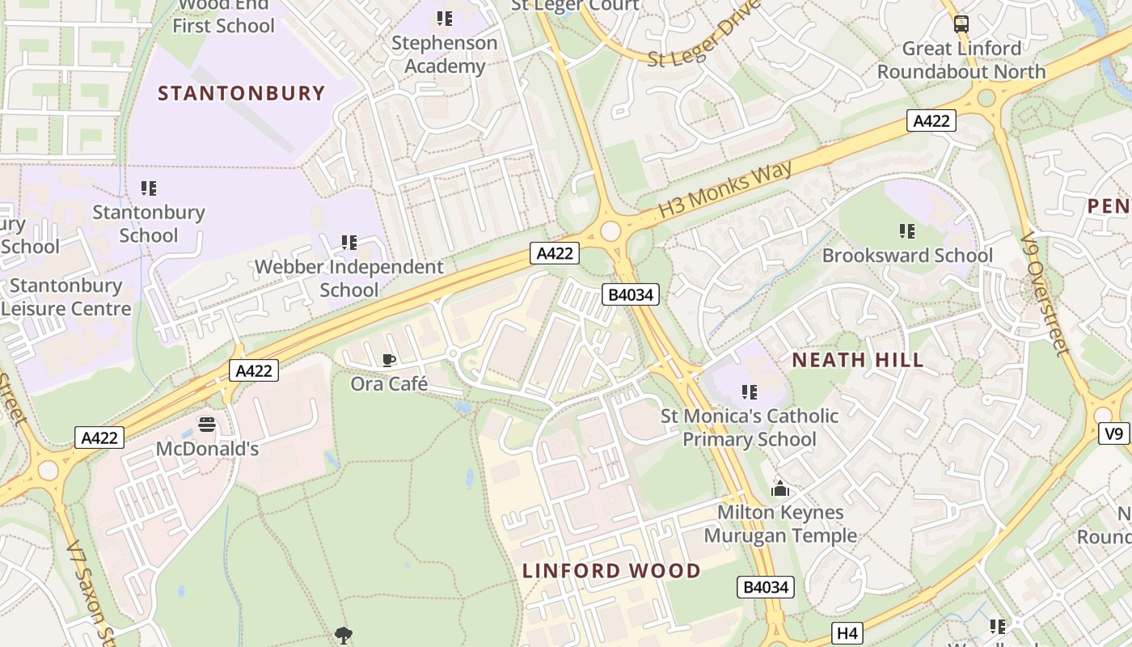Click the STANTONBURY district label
(241, 93)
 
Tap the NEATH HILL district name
(857, 360)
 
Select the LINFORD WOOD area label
(611, 570)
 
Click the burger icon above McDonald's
(207, 425)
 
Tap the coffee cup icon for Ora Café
(389, 361)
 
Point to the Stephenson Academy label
(444, 54)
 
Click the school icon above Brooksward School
(907, 232)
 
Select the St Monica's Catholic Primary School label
(750, 427)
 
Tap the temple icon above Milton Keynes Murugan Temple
(780, 488)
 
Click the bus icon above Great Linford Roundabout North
(961, 24)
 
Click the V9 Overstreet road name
(1044, 294)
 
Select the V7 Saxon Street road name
(91, 590)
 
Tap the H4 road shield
(847, 633)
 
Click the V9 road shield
(1114, 434)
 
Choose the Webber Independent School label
(349, 277)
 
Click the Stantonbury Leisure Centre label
(66, 297)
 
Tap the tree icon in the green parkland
(344, 635)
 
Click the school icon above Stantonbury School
(149, 188)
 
